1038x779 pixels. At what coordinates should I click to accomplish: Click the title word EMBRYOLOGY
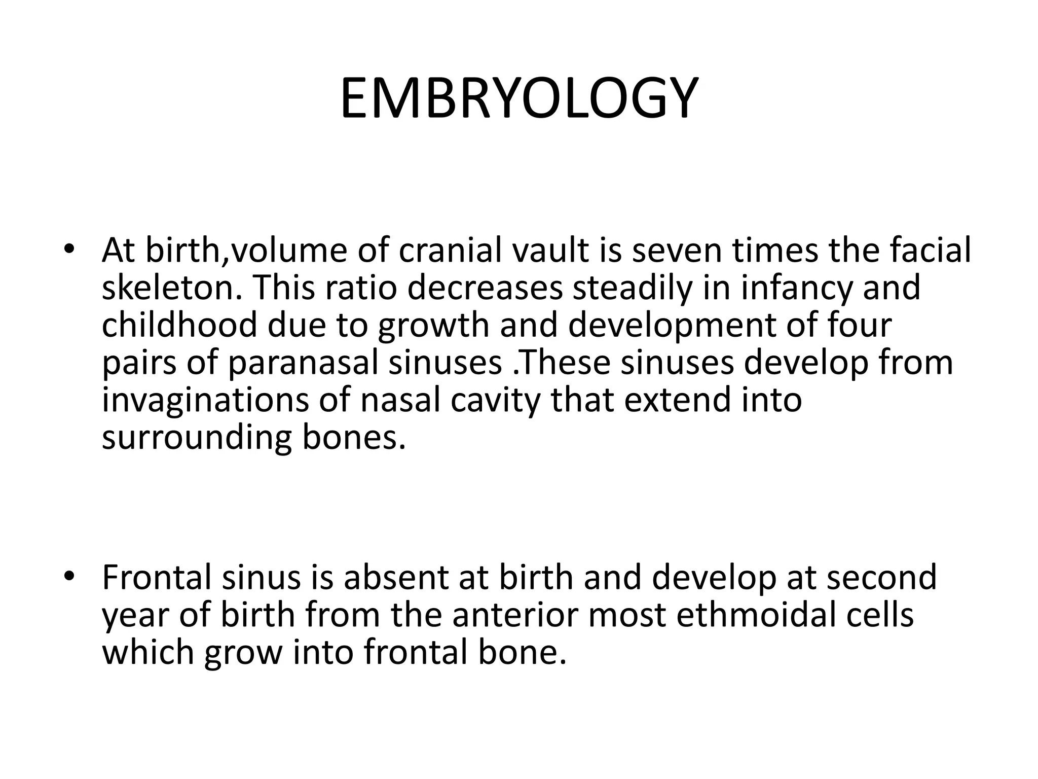(x=519, y=98)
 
